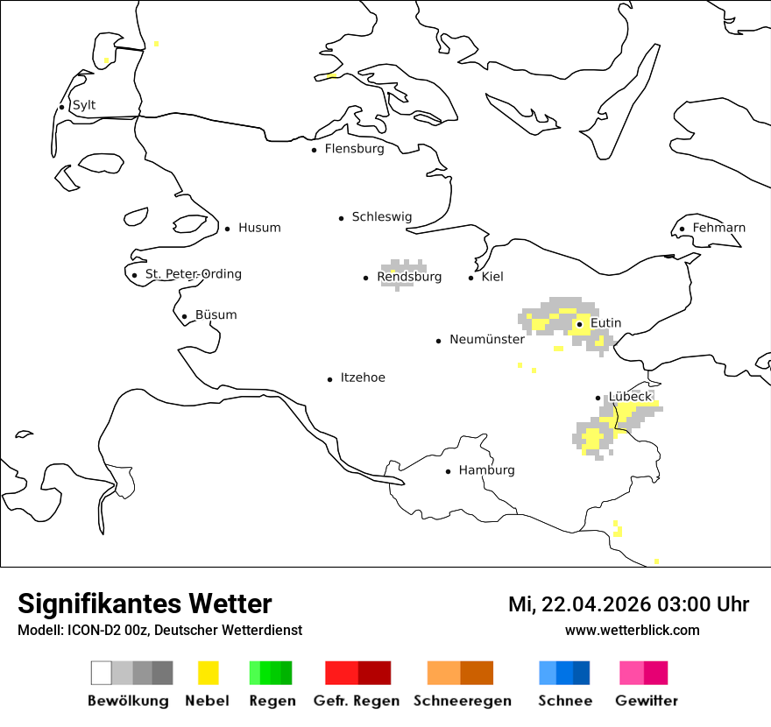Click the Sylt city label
coord(84,105)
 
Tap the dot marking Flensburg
coord(314,150)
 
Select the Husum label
coord(259,228)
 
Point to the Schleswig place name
coord(381,217)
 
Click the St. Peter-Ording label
coord(193,274)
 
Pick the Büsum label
coord(216,315)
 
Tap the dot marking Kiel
coord(471,278)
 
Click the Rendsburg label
coord(409,277)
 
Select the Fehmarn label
coord(718,228)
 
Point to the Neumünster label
coord(486,339)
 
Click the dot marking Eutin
coord(579,324)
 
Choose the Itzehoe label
coord(362,378)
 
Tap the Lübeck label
coord(630,396)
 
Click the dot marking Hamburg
coord(448,471)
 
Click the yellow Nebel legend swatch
coord(209,673)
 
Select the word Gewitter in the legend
coord(647,701)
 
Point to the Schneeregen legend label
coord(463,701)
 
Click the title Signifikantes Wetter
coord(145,603)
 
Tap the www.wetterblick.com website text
coord(632,630)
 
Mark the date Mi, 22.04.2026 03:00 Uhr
coord(628,604)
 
